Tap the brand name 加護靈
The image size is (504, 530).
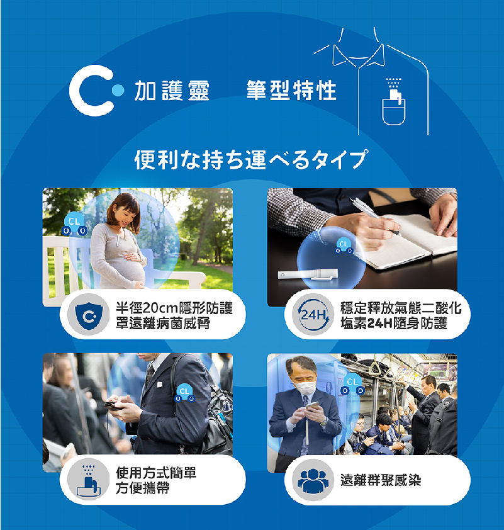172,91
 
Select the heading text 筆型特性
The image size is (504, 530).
291,90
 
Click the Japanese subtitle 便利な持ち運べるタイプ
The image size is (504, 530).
250,159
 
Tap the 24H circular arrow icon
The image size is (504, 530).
313,314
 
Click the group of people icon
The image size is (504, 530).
313,480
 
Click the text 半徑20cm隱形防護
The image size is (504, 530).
174,308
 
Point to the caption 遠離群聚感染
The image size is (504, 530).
381,480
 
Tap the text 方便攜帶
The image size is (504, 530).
143,488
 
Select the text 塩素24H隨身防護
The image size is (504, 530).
394,323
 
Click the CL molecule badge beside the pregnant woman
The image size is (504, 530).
74,223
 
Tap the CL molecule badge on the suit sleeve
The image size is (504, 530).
184,393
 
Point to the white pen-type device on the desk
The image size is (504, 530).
308,274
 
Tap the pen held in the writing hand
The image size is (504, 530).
374,217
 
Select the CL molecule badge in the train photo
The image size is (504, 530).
352,385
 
